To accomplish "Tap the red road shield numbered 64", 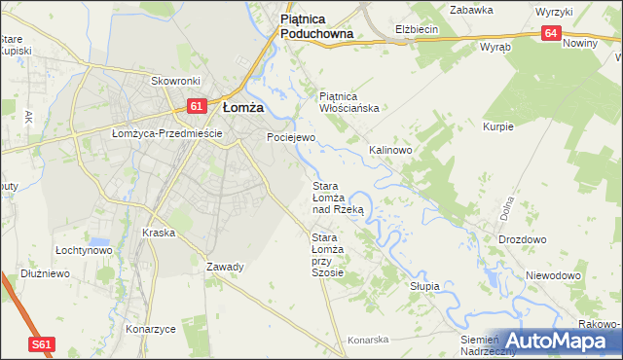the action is point(552,33).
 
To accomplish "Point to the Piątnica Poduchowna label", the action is point(315,25).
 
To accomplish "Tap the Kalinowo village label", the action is point(390,151).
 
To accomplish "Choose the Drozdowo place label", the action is point(522,239).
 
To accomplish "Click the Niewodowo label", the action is point(552,275).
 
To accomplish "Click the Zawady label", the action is point(225,266).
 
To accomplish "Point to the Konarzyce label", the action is point(150,328).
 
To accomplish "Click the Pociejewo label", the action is point(291,138).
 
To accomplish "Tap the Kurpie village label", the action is point(497,127).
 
